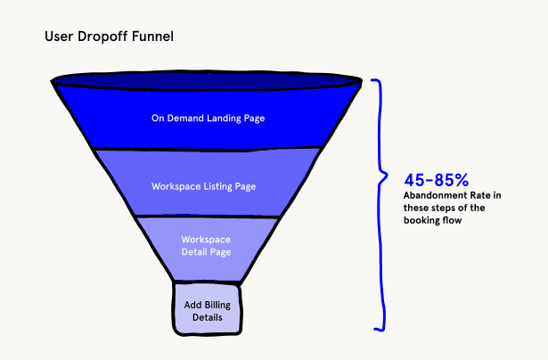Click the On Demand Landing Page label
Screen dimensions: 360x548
point(207,118)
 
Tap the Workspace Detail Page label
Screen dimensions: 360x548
point(206,246)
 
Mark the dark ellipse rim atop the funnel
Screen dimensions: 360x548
point(207,82)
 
